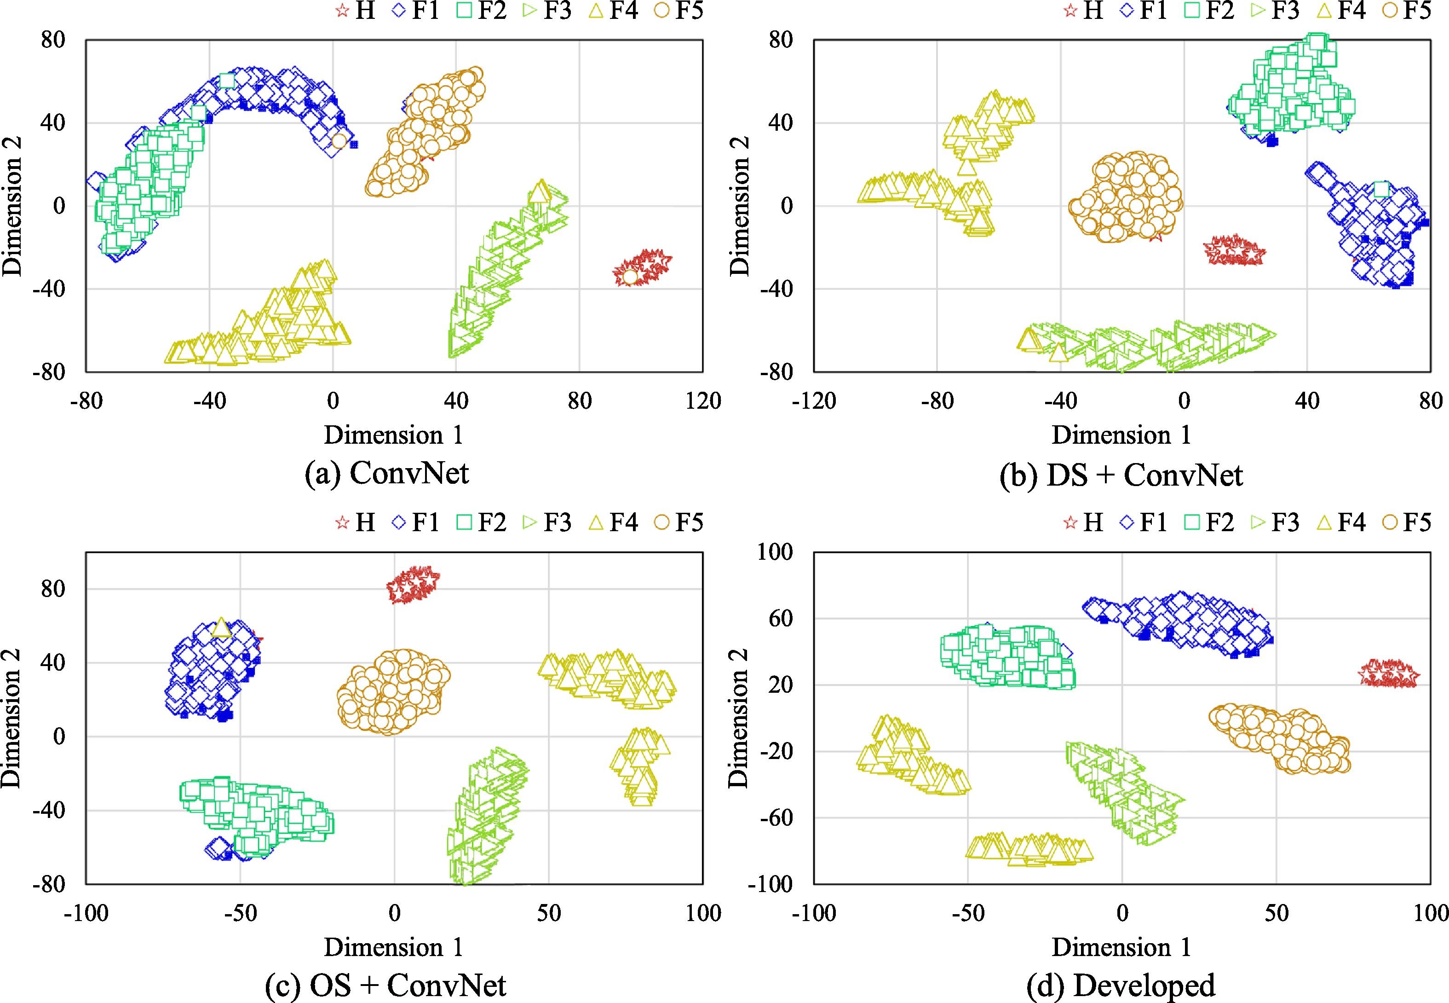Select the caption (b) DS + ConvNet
(1121, 475)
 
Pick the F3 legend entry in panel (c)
(546, 523)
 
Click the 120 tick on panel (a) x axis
(703, 400)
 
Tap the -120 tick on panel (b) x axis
(814, 400)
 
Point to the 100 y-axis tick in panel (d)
(776, 552)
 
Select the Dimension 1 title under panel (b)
(1121, 435)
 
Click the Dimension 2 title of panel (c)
(12, 718)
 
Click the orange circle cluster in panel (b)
(1125, 196)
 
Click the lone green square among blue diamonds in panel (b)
(1380, 189)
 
